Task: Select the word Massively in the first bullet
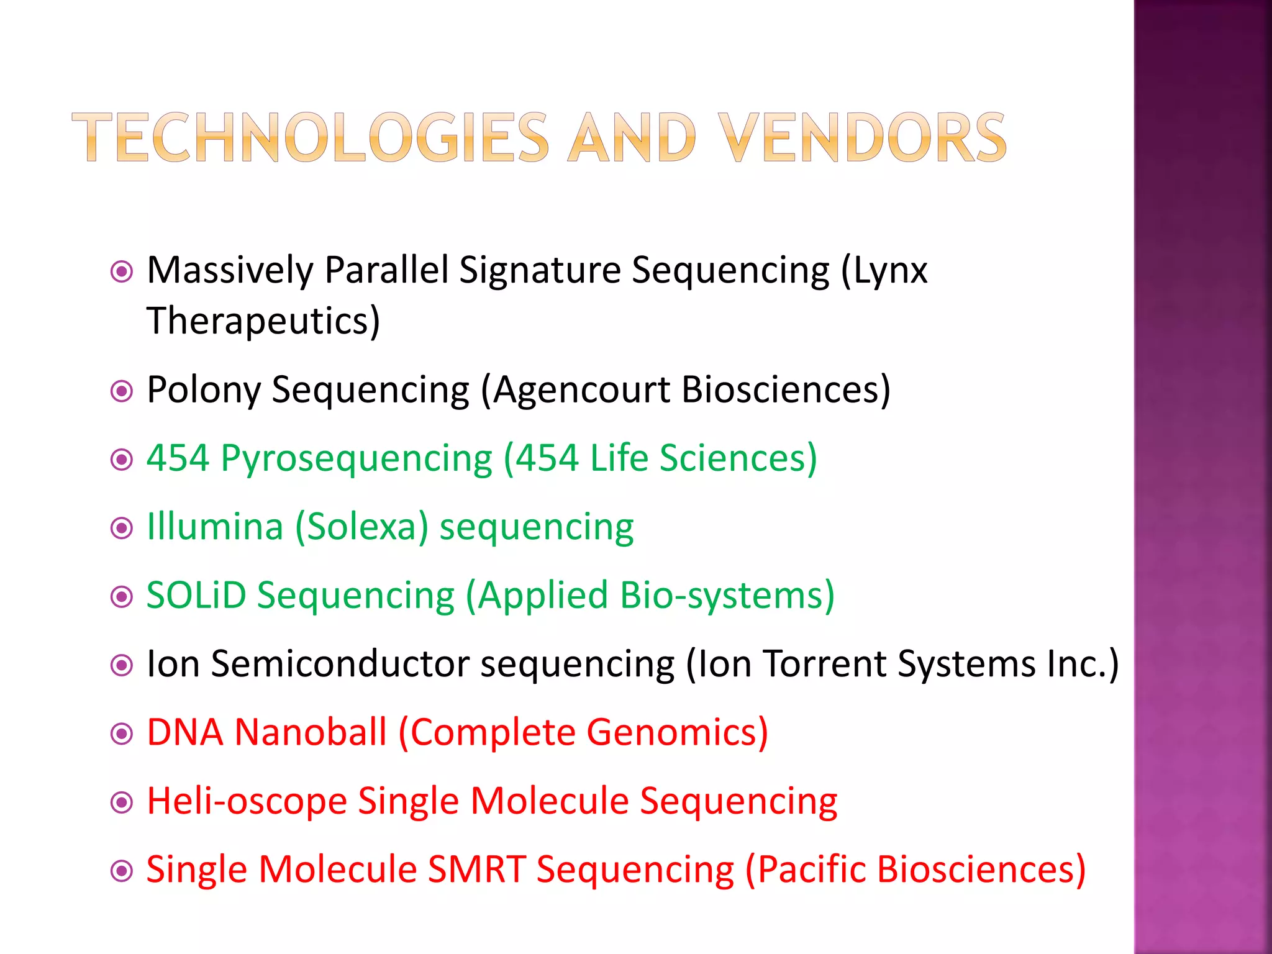(230, 271)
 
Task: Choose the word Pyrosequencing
(357, 459)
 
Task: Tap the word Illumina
(215, 527)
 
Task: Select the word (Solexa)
(361, 527)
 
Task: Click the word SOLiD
(196, 595)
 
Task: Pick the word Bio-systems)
(727, 595)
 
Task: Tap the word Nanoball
(311, 732)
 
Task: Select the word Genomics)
(677, 733)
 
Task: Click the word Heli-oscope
(247, 801)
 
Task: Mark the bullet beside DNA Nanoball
(122, 734)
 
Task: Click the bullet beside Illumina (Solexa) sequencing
(122, 529)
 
